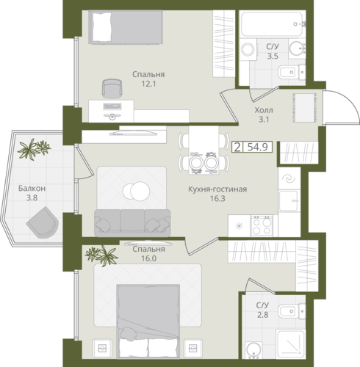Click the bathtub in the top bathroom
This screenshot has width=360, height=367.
click(x=273, y=24)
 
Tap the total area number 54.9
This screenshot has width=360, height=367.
click(x=257, y=148)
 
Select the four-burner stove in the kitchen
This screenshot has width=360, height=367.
click(x=262, y=225)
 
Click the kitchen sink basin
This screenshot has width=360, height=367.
click(x=289, y=201)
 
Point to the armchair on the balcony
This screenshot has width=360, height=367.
click(x=43, y=222)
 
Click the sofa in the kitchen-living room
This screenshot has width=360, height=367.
click(x=132, y=223)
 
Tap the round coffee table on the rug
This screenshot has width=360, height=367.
click(x=137, y=192)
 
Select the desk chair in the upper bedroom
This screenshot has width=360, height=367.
click(x=112, y=89)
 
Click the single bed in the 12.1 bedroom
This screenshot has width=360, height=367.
click(x=126, y=27)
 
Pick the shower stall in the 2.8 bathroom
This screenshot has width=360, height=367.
click(x=291, y=344)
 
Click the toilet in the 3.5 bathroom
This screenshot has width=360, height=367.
click(x=292, y=72)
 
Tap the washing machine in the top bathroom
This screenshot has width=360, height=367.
click(x=248, y=49)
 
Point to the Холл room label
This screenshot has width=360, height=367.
click(x=264, y=110)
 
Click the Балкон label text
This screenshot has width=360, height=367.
click(x=32, y=189)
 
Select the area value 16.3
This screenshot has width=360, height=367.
click(x=217, y=198)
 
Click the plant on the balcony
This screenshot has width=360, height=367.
click(x=34, y=149)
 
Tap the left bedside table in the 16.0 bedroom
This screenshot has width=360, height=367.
click(x=102, y=348)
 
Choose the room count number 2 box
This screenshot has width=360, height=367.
click(x=237, y=148)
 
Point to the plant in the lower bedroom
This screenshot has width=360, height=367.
click(x=101, y=255)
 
